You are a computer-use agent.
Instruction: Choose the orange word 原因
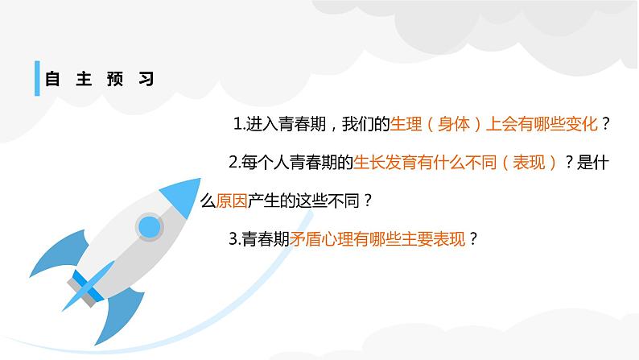(x=229, y=201)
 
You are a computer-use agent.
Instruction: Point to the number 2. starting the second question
(x=234, y=163)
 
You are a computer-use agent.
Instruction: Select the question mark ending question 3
(x=473, y=238)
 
